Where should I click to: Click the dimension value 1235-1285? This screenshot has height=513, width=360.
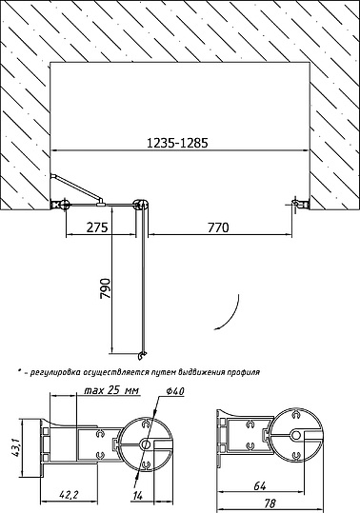pyautogui.click(x=177, y=143)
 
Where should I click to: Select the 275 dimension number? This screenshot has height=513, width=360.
pyautogui.click(x=97, y=227)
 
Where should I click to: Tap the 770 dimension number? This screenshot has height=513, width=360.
pyautogui.click(x=218, y=227)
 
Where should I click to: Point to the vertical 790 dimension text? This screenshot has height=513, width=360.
pyautogui.click(x=106, y=289)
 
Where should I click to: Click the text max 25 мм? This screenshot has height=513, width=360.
pyautogui.click(x=111, y=390)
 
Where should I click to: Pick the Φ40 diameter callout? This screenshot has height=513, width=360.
pyautogui.click(x=175, y=391)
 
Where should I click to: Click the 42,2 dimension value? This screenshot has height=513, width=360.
pyautogui.click(x=69, y=494)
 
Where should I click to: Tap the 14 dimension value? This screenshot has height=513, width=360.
pyautogui.click(x=138, y=496)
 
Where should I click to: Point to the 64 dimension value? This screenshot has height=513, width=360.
pyautogui.click(x=260, y=486)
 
